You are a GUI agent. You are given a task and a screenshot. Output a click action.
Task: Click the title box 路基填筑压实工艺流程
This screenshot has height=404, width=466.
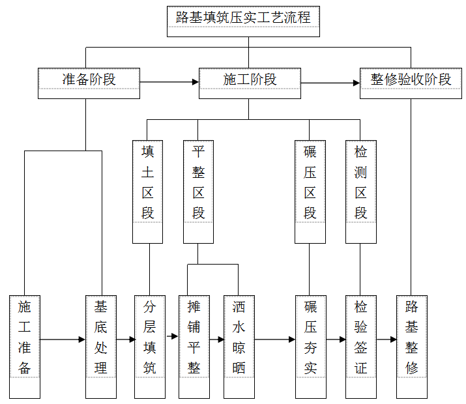pyautogui.click(x=243, y=22)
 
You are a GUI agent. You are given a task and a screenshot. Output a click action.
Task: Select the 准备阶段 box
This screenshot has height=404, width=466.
pyautogui.click(x=89, y=83)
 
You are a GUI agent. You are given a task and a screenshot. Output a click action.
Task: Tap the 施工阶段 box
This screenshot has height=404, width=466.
pyautogui.click(x=250, y=83)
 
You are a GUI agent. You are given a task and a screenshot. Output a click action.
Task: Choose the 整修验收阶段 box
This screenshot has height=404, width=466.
pyautogui.click(x=411, y=83)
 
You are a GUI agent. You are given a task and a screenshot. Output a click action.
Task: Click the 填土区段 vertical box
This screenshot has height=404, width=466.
pyautogui.click(x=147, y=192)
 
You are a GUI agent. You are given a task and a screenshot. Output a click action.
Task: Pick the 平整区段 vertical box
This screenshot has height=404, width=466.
pyautogui.click(x=198, y=192)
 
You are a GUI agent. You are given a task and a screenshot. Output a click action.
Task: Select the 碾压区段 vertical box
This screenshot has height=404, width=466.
pyautogui.click(x=310, y=192)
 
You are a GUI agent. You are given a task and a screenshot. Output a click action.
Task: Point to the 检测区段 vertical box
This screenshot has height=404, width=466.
pyautogui.click(x=361, y=192)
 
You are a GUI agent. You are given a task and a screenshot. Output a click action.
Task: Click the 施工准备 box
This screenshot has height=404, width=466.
pyautogui.click(x=25, y=347)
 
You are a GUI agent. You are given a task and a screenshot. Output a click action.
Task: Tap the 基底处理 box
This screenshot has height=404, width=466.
pyautogui.click(x=101, y=347)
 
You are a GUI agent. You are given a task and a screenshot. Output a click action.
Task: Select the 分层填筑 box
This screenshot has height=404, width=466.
pyautogui.click(x=150, y=347)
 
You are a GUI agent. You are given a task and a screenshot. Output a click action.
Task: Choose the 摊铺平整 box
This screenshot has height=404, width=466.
pyautogui.click(x=194, y=347)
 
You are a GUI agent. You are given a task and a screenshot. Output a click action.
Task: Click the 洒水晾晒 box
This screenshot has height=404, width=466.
pyautogui.click(x=239, y=347)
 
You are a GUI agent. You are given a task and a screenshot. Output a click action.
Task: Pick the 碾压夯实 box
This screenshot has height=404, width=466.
pyautogui.click(x=311, y=347)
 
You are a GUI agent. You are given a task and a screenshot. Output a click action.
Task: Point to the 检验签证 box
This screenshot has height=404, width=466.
pyautogui.click(x=361, y=347)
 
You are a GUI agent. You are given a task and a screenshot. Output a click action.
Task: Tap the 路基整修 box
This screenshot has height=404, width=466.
pyautogui.click(x=412, y=347)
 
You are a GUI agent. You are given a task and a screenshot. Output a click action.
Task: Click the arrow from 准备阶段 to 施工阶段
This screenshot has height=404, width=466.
pyautogui.click(x=169, y=82)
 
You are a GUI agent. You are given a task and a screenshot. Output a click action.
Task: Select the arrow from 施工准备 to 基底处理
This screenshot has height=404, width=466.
pyautogui.click(x=63, y=339)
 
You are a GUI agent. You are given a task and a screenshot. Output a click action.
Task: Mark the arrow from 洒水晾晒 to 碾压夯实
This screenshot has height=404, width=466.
pyautogui.click(x=275, y=339)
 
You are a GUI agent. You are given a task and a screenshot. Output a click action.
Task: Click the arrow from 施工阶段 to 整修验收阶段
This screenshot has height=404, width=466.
pyautogui.click(x=330, y=83)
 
